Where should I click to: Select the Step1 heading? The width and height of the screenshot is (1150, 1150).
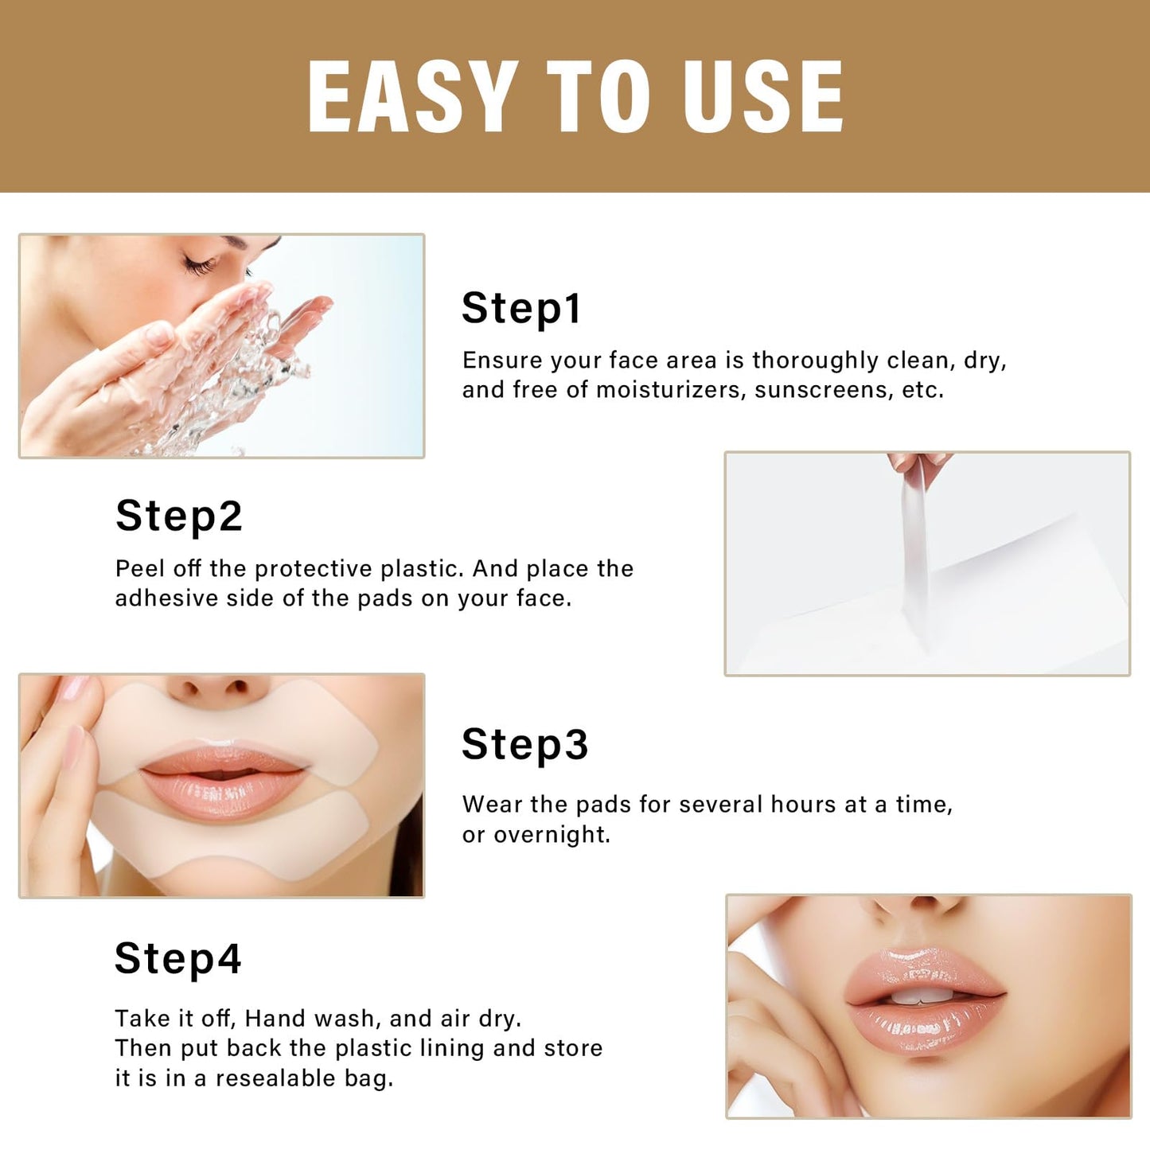point(521,308)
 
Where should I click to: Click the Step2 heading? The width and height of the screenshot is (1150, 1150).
point(178,516)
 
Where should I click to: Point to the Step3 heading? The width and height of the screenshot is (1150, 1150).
point(524,744)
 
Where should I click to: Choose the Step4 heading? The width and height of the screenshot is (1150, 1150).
point(177,958)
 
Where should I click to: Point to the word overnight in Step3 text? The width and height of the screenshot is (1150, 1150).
point(552,835)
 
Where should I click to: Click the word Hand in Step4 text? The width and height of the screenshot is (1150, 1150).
point(275,1019)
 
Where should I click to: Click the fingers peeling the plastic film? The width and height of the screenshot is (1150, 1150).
point(915,462)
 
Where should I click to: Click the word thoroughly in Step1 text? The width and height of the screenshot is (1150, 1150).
point(815,361)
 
